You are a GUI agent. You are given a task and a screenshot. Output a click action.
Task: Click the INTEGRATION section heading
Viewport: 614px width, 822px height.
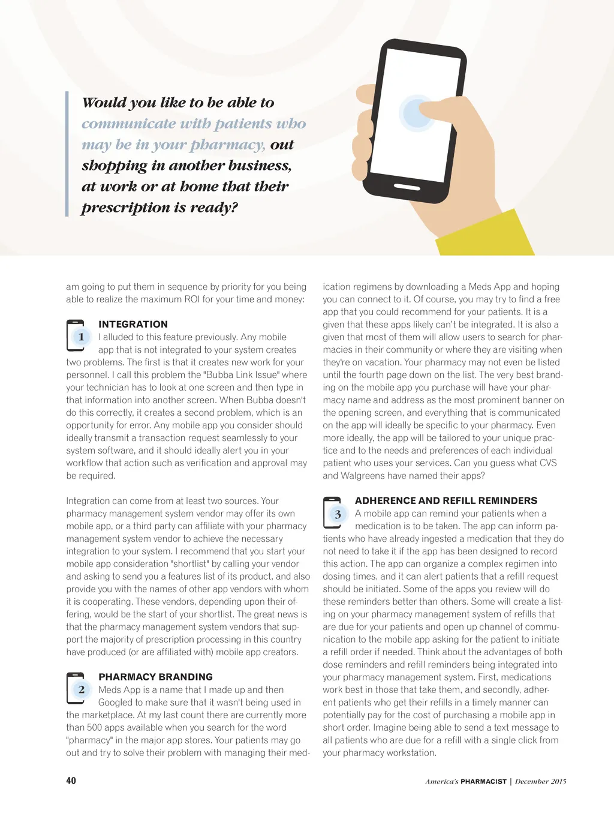(x=133, y=324)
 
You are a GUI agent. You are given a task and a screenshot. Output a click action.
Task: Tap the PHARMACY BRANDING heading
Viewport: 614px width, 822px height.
(x=155, y=677)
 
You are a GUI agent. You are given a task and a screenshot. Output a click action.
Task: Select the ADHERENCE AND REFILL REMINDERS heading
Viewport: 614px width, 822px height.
(x=446, y=500)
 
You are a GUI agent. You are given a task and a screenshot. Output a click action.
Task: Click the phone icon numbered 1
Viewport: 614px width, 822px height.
(x=76, y=336)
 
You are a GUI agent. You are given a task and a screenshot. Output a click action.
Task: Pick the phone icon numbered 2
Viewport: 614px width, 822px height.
(x=76, y=689)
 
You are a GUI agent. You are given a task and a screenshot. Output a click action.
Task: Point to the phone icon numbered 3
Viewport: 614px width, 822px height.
(x=333, y=514)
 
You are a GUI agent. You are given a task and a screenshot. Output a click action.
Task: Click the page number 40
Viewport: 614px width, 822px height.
(x=71, y=781)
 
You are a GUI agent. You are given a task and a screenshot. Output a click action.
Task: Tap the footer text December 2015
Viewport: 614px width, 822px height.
(x=540, y=781)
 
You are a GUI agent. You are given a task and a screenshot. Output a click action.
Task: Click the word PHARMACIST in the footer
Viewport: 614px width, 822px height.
(x=483, y=781)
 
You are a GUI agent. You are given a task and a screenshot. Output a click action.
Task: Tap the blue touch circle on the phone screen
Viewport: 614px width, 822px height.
(x=417, y=113)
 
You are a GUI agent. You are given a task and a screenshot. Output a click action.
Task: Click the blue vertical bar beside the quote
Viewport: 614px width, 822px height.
(x=67, y=154)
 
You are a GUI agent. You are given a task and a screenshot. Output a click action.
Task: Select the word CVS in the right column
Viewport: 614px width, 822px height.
(x=548, y=463)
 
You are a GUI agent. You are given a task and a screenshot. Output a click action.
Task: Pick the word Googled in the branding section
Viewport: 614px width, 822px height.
(x=117, y=703)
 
